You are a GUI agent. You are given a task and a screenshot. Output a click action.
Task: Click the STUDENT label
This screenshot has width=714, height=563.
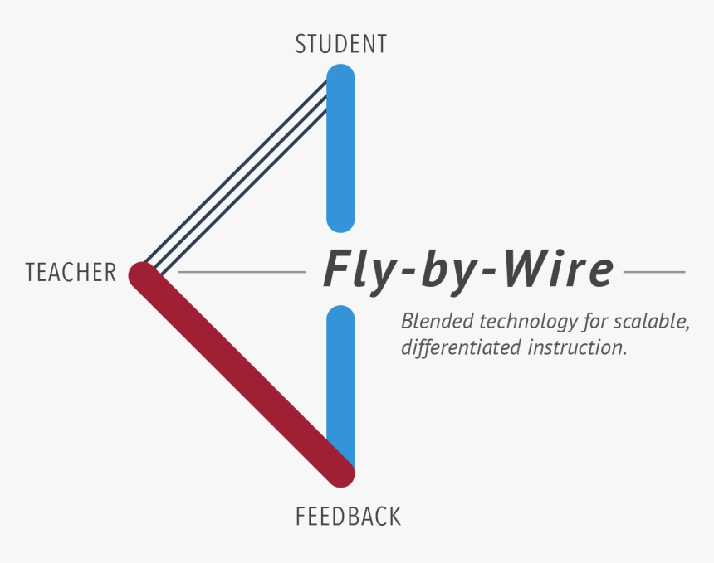[340, 44]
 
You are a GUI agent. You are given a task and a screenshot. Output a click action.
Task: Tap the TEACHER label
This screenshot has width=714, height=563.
[71, 273]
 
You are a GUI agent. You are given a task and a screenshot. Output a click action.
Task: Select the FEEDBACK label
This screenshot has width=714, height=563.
[348, 517]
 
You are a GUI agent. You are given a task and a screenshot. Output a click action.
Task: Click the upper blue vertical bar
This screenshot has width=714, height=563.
[340, 149]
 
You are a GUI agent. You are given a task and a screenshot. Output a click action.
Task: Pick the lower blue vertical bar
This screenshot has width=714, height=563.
[340, 373]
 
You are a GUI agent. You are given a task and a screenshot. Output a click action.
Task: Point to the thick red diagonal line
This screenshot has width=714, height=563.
[241, 373]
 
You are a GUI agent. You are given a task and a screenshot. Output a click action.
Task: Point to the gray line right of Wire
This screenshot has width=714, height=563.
[654, 272]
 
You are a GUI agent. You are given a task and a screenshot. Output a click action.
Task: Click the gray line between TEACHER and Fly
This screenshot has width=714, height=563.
[241, 272]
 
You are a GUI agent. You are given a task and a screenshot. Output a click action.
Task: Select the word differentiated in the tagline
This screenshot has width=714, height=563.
[461, 347]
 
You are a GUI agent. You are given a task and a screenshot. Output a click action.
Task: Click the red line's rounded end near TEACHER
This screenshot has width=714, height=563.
[144, 274]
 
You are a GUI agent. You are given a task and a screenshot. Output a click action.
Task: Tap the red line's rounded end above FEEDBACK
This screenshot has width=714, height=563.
[340, 473]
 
